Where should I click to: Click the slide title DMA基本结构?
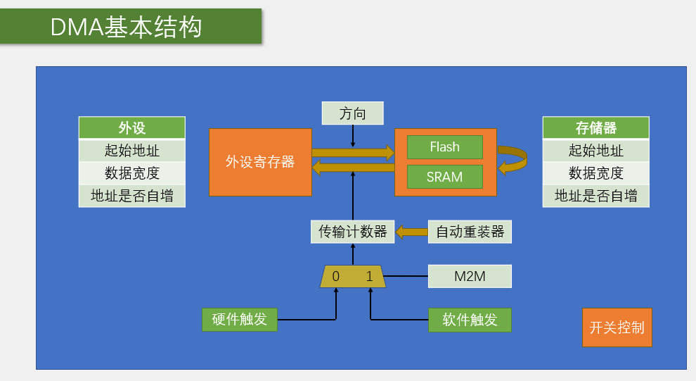click(x=127, y=27)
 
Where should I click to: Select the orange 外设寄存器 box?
click(x=260, y=162)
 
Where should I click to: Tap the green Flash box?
click(x=445, y=147)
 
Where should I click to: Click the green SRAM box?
click(x=445, y=177)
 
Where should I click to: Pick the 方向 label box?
click(x=353, y=113)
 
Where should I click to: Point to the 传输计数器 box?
click(x=353, y=232)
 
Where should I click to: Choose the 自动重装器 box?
click(x=470, y=232)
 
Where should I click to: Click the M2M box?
click(x=470, y=276)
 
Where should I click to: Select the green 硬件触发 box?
click(x=240, y=319)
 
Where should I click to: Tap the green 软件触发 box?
click(x=470, y=320)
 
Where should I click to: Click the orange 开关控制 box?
click(x=617, y=327)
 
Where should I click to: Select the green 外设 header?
click(x=132, y=128)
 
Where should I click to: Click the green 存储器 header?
click(x=595, y=128)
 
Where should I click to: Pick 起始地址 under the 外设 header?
click(x=132, y=151)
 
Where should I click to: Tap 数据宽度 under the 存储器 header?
click(x=595, y=173)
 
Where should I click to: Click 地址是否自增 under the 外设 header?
click(x=132, y=196)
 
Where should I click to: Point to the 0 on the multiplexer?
click(x=336, y=277)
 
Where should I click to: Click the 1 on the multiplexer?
click(x=370, y=277)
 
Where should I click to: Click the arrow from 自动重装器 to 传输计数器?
click(x=411, y=232)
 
